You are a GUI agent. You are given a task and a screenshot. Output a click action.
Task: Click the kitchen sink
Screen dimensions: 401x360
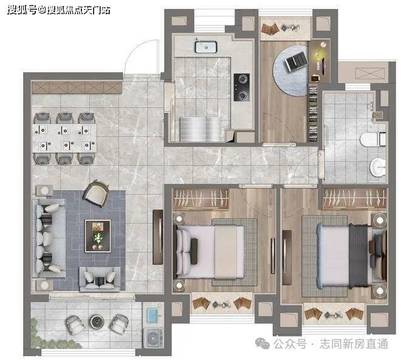(x=205, y=47)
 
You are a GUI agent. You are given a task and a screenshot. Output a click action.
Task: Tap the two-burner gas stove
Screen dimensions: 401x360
(x=241, y=87)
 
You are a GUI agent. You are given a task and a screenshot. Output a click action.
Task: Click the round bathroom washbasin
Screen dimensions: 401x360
(x=378, y=168)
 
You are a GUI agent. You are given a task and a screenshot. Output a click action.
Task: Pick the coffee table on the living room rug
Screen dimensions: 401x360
(x=98, y=236)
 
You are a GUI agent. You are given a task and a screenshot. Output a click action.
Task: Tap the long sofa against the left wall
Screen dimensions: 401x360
(x=49, y=238)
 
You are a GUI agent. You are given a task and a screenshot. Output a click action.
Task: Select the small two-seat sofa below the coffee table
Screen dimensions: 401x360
(x=100, y=279)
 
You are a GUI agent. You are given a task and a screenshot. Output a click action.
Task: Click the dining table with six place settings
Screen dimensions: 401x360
(x=64, y=138)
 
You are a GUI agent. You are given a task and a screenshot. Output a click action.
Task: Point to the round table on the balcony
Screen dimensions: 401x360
(x=97, y=322)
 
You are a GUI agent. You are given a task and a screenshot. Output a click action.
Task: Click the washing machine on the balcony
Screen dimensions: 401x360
(x=153, y=338)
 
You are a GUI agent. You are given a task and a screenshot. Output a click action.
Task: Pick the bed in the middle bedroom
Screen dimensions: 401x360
(x=210, y=252)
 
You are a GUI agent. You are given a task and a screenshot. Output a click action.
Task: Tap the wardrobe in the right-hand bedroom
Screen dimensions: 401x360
(x=354, y=199)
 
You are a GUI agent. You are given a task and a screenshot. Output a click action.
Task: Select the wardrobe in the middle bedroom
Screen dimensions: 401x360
(x=200, y=199)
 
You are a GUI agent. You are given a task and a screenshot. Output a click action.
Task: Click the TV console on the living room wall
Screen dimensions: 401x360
(x=158, y=237)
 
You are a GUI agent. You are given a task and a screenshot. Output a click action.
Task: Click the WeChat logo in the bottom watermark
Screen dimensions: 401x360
(x=262, y=343)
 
